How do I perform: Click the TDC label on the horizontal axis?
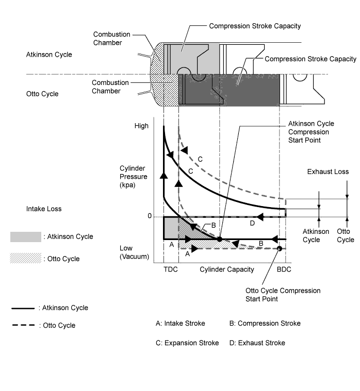(x=171, y=269)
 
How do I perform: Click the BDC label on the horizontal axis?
(x=284, y=269)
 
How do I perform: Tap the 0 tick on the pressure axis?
(x=150, y=216)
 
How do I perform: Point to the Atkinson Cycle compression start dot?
(x=219, y=239)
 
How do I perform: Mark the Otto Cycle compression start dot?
(x=280, y=248)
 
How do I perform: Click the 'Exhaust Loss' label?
(x=328, y=172)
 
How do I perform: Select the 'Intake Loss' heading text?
(x=44, y=209)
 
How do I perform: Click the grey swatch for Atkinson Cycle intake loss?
(x=26, y=236)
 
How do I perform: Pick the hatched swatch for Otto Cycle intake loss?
(x=26, y=258)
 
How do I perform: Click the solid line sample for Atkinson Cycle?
(x=23, y=309)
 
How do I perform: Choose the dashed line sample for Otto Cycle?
(x=23, y=325)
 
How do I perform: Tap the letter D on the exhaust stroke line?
(x=252, y=223)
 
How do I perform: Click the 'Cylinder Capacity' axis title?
(x=227, y=269)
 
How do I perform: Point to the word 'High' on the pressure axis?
(x=141, y=126)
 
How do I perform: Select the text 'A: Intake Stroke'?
(x=180, y=323)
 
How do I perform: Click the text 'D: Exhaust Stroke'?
(x=257, y=343)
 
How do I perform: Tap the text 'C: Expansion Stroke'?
(x=187, y=343)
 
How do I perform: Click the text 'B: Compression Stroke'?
(x=265, y=323)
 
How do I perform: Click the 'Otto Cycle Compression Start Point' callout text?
(x=283, y=295)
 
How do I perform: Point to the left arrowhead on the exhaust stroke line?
(x=260, y=217)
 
